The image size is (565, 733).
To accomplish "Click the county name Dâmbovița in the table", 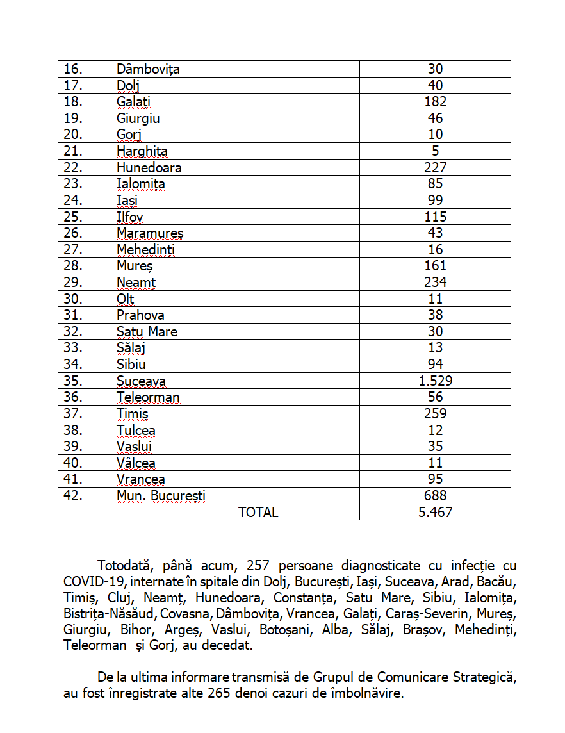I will pos(148,69).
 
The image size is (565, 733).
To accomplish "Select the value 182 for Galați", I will pos(435,102).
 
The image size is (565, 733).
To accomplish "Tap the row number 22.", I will pos(74,168).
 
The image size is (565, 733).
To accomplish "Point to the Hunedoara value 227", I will pos(435,168).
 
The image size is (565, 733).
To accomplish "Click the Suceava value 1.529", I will pos(435,381).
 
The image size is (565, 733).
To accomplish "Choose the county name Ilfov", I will pos(130,217).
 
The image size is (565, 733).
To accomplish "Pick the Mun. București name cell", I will pos(161,496).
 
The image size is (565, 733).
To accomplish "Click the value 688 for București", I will pos(435,496).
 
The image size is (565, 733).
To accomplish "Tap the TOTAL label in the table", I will pos(258,512).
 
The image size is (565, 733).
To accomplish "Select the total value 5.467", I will pos(435,512).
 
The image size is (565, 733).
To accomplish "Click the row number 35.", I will pos(74,381).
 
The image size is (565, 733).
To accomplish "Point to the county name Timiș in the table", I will pos(133,414).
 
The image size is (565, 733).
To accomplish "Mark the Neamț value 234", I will pos(435,283).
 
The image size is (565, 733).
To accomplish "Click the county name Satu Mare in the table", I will pos(147,332).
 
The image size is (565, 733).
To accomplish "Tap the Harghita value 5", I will pos(435,151).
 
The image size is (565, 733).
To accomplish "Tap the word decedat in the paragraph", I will pos(227,646).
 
